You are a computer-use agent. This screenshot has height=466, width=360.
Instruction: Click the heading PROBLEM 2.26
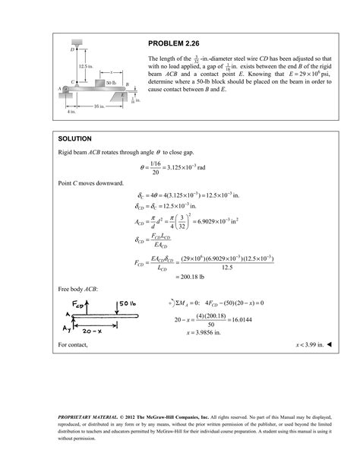coord(175,43)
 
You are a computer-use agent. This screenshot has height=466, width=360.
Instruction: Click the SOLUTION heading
coord(75,139)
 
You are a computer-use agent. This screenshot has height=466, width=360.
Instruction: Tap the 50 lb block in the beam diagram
coord(111,81)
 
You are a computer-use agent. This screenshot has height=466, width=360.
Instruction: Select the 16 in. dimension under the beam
coord(99,106)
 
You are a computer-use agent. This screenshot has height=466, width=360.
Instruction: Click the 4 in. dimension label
coord(71,111)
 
